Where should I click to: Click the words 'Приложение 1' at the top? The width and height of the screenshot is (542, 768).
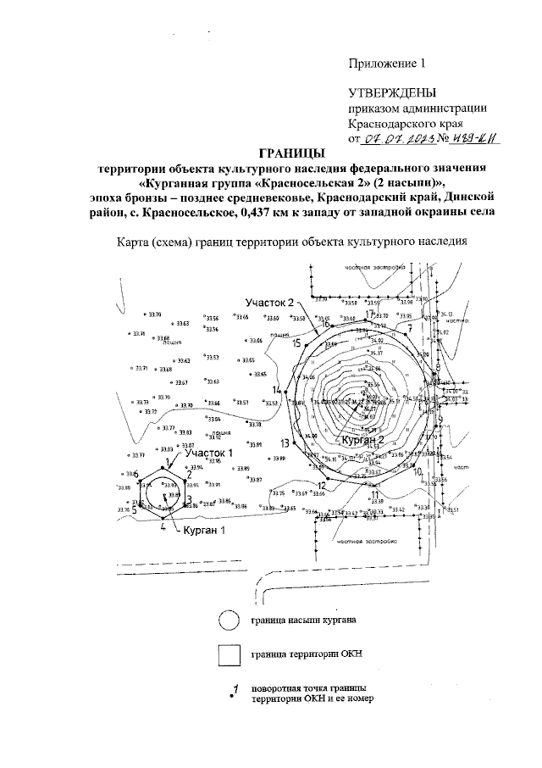pos(384,63)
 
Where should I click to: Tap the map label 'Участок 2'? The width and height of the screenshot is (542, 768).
pos(269,303)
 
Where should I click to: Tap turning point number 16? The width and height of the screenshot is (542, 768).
pos(324,324)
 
